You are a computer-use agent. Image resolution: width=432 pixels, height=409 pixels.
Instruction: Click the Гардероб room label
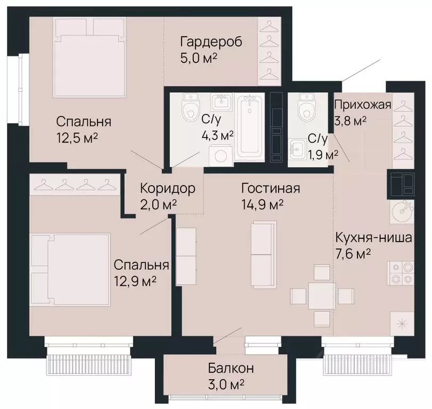click(211, 42)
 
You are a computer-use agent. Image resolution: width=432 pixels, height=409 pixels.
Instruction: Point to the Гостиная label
click(271, 189)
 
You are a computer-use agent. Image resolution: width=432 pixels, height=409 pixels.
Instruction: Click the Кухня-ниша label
click(373, 237)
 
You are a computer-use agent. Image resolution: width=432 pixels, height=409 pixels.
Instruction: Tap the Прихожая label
click(363, 105)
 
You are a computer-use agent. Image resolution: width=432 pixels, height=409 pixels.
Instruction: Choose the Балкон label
click(231, 368)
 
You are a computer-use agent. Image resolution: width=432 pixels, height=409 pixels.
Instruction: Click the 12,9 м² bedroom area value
click(135, 280)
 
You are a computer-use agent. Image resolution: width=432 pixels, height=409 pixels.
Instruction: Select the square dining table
click(321, 295)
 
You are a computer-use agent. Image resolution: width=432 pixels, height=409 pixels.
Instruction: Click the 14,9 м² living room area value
click(262, 204)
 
